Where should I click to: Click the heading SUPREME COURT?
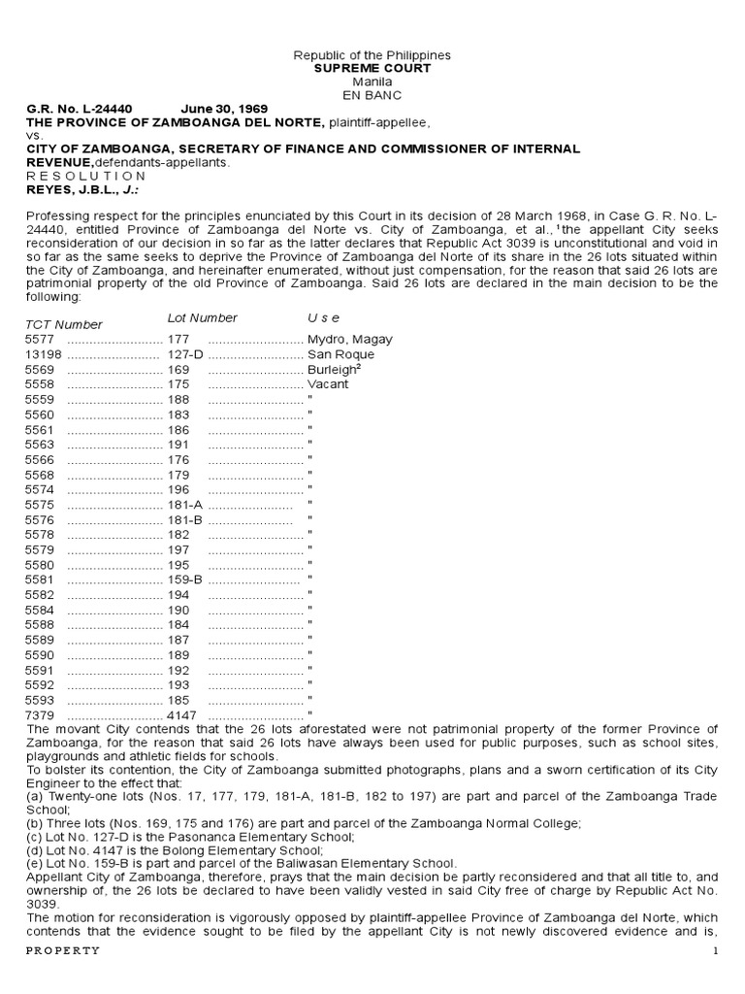tap(372, 69)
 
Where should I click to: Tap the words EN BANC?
tap(372, 95)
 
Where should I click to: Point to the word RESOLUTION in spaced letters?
tap(85, 176)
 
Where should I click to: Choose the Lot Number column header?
tap(203, 317)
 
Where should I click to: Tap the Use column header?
tap(324, 317)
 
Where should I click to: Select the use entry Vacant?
tap(328, 383)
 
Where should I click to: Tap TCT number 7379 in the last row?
tap(40, 713)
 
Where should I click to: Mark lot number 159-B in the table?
tap(185, 579)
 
